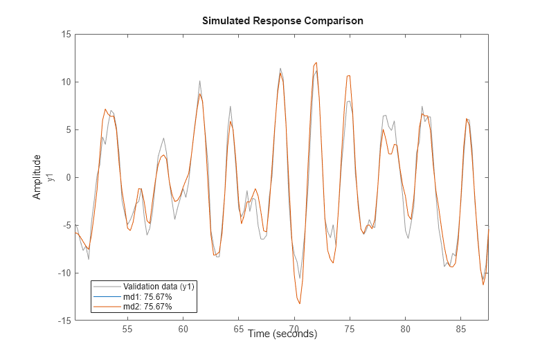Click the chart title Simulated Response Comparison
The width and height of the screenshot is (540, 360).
coord(282,21)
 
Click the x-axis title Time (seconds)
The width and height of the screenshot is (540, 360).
coord(282,334)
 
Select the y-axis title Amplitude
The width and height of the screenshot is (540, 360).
coord(37,177)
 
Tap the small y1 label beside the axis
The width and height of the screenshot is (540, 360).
coord(51,177)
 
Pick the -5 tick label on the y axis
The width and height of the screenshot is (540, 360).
coord(62,226)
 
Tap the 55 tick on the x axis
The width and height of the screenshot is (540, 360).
coord(127,330)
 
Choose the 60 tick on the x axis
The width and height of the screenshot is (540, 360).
coord(183,330)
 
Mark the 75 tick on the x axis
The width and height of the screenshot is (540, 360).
coord(350,330)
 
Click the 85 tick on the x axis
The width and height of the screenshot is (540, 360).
coord(461,330)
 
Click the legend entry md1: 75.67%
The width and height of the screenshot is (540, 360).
coord(147,296)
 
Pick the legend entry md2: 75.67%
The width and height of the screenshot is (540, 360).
coord(147,306)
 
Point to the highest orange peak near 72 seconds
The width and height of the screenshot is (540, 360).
coord(316,63)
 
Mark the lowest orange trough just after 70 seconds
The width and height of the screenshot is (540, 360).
coord(300,303)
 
